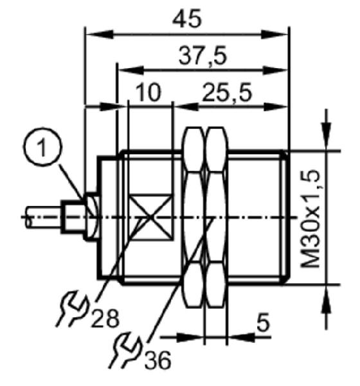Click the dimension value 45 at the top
coord(187,19)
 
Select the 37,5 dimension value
coord(203,56)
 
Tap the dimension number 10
coord(148,92)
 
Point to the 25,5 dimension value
coord(227,92)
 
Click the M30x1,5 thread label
coord(310,219)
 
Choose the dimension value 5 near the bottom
coord(264,322)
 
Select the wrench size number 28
coord(105,318)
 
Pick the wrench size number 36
coord(157,360)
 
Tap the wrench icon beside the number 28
coord(73,309)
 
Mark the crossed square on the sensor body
coord(150,217)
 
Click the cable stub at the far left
coord(44,217)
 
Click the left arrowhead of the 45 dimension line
coord(100,35)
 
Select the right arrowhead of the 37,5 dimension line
coord(275,70)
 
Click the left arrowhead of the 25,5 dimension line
coord(186,107)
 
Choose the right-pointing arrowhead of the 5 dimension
coord(190,338)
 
